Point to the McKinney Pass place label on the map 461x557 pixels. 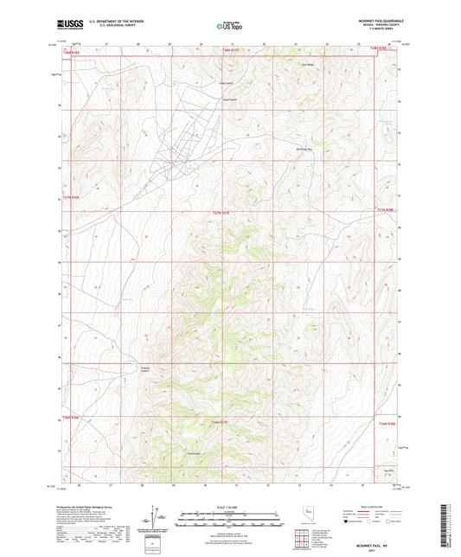pos(300,149)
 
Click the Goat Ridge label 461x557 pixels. pos(306,64)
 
